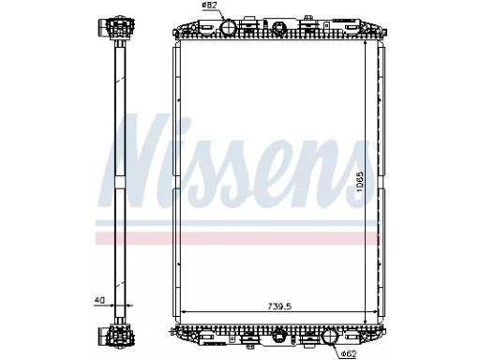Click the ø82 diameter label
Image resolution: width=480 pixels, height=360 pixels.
pyautogui.click(x=209, y=5)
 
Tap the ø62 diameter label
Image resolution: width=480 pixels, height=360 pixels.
pyautogui.click(x=349, y=353)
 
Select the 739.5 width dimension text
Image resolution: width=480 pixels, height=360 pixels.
pyautogui.click(x=279, y=307)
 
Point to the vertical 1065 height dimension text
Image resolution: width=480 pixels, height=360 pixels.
pyautogui.click(x=360, y=181)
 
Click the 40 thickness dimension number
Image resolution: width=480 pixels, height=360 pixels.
pyautogui.click(x=99, y=300)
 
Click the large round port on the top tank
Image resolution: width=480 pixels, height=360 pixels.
pyautogui.click(x=228, y=27)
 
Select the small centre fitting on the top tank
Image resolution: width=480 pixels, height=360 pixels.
pyautogui.click(x=277, y=28)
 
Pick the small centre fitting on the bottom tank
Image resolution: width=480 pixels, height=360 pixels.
pyautogui.click(x=277, y=336)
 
